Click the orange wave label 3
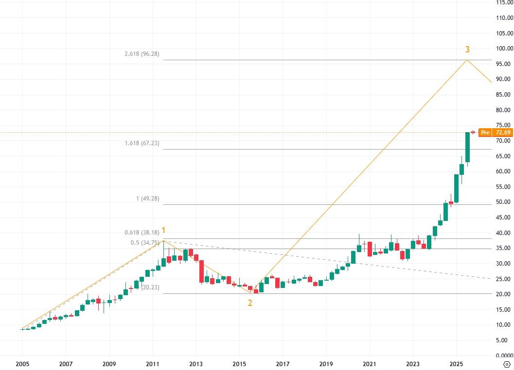pos(467,50)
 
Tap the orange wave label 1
pos(164,231)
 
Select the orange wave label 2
pos(250,303)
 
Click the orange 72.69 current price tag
pos(502,133)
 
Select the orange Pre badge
pos(484,133)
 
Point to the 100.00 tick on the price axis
pos(503,49)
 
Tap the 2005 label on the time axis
pos(22,364)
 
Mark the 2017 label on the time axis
pos(283,364)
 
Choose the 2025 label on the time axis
pos(456,364)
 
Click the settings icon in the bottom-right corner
pos(507,364)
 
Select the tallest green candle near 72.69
pos(467,147)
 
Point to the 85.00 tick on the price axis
pos(504,95)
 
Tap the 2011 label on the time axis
pos(152,364)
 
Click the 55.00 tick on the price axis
pos(504,187)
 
